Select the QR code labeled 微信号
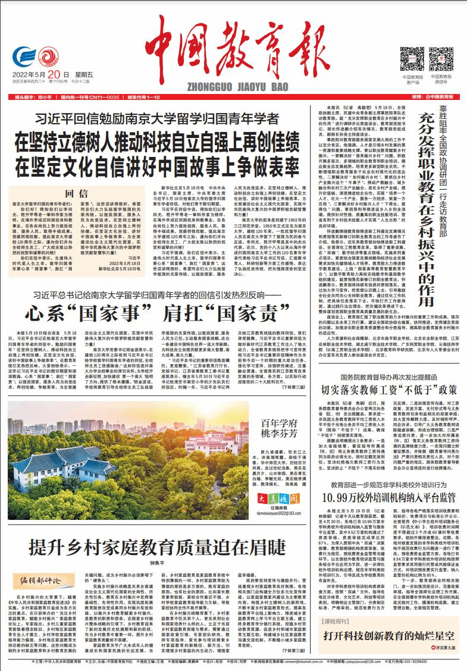coord(441,59)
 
